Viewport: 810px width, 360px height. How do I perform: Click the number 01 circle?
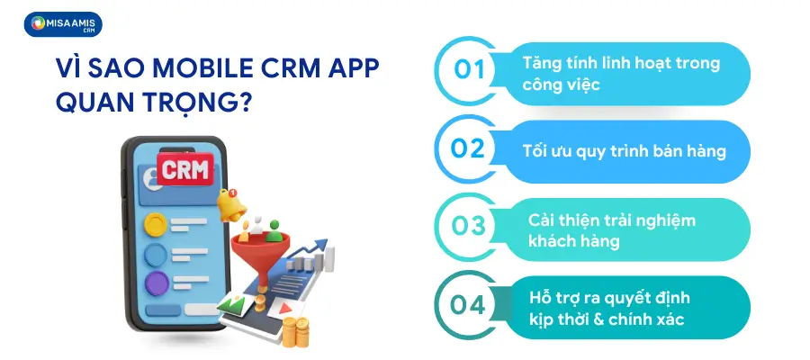(469, 70)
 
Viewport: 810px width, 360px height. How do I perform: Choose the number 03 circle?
(469, 226)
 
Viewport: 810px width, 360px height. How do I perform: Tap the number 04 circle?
(469, 304)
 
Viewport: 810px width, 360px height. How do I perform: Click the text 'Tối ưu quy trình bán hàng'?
(625, 151)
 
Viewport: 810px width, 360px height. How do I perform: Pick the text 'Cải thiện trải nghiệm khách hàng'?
(598, 230)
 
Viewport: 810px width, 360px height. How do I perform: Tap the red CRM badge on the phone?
(184, 169)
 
